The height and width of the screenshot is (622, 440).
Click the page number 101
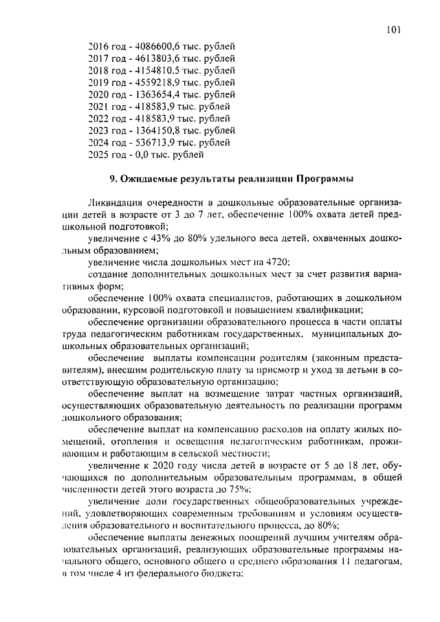click(x=393, y=30)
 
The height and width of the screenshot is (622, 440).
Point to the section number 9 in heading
click(x=113, y=179)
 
